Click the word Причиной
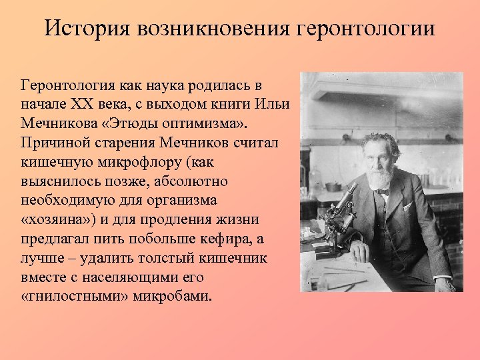click(53, 143)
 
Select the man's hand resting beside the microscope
click(359, 251)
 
